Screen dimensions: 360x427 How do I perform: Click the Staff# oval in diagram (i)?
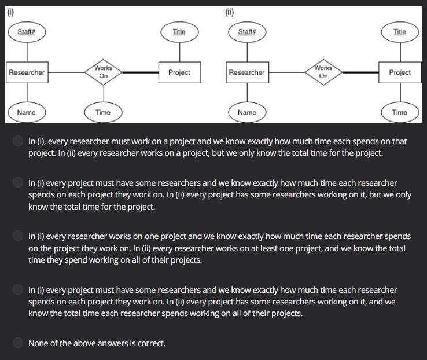tap(27, 32)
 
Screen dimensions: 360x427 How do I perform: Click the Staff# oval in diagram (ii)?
tap(247, 32)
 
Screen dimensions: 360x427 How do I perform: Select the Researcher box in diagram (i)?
tap(27, 72)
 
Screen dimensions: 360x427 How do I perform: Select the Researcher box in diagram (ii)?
tap(246, 72)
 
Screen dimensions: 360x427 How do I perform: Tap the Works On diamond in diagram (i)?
tap(103, 72)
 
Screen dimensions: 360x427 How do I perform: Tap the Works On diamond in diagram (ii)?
tap(323, 72)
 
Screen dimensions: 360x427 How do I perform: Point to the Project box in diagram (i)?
tap(179, 72)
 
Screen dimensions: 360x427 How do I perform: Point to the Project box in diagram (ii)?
tap(400, 72)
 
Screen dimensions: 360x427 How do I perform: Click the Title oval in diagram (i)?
tap(179, 32)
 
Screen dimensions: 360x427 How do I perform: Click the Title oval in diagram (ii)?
tap(400, 32)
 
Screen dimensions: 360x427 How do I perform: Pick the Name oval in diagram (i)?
tap(27, 112)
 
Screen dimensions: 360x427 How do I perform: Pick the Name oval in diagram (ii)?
tap(247, 112)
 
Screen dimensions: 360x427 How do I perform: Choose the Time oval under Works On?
tap(103, 112)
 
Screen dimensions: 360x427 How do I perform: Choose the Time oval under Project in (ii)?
tap(400, 112)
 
